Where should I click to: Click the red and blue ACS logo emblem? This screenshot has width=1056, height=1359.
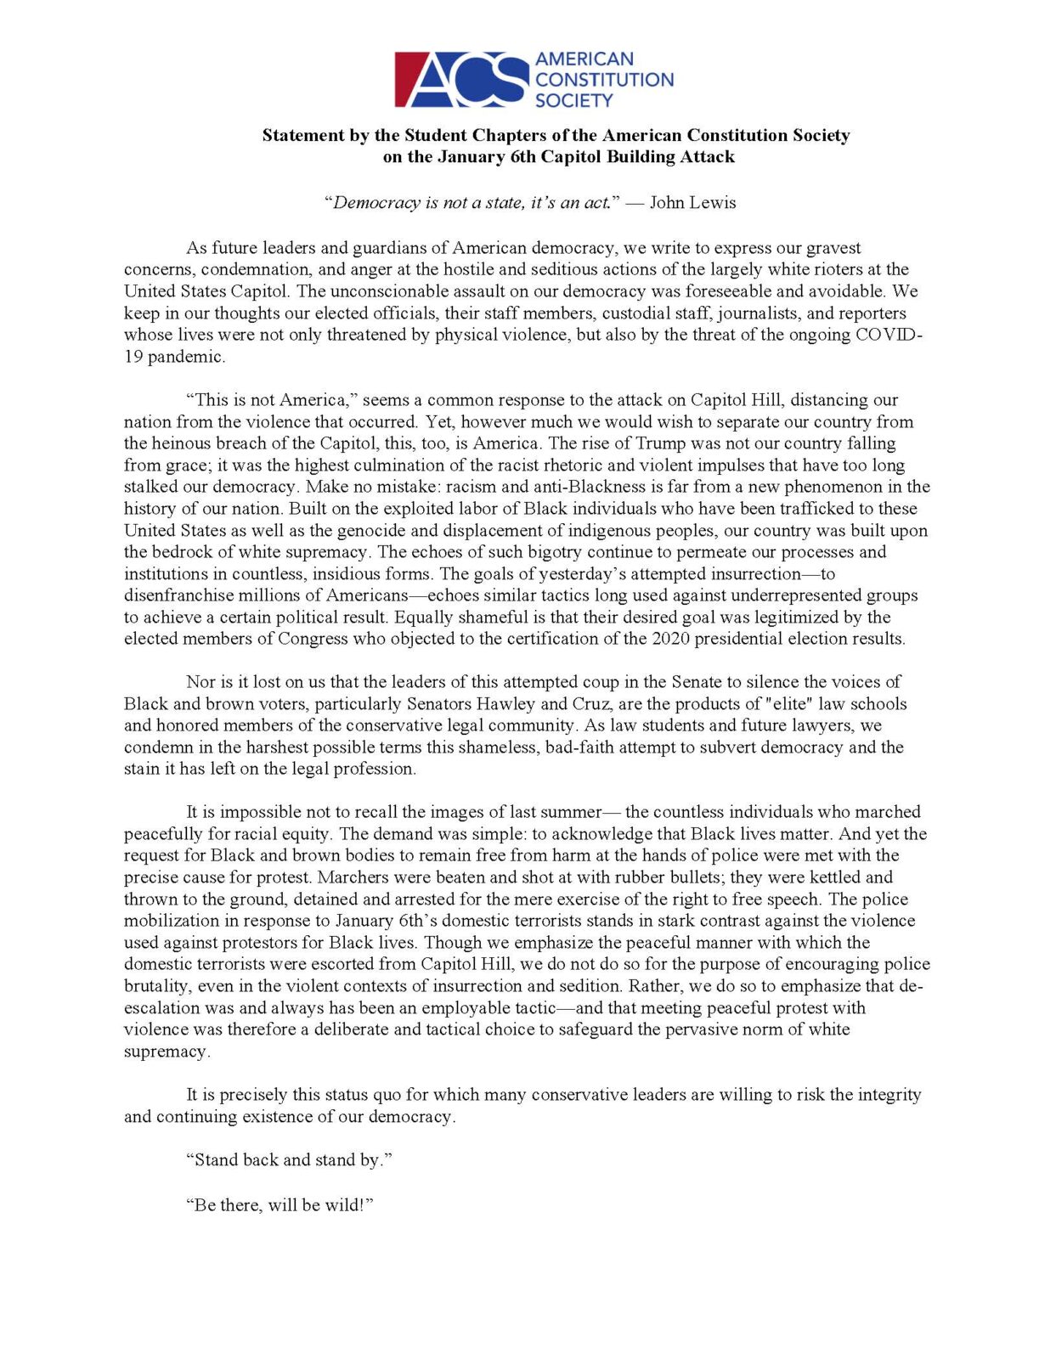(461, 79)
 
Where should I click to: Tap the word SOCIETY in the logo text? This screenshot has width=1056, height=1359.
(573, 101)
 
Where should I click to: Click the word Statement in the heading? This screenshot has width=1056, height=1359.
(304, 135)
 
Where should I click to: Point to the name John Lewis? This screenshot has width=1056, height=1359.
(692, 203)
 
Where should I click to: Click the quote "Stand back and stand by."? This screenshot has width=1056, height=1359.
(290, 1160)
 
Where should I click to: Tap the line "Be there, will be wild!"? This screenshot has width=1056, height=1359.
(280, 1205)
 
